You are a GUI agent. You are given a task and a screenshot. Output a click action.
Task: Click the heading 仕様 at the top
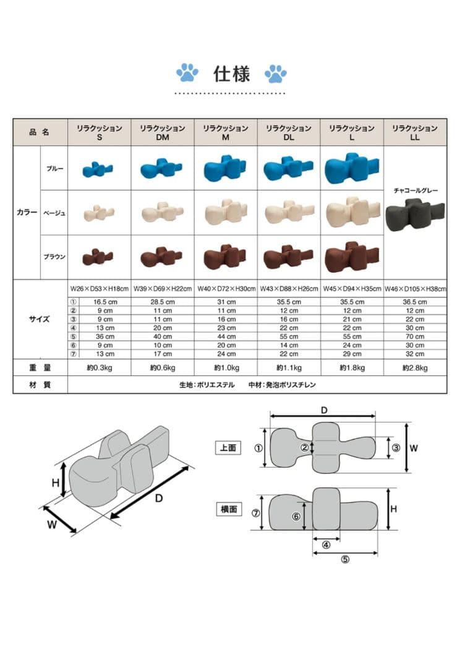point(231,74)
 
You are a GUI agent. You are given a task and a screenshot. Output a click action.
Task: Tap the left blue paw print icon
point(187,73)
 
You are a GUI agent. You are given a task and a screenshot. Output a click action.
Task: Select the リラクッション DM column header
point(163,132)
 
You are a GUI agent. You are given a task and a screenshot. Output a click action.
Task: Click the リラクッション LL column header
point(415,132)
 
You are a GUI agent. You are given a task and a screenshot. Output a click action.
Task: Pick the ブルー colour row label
point(55,169)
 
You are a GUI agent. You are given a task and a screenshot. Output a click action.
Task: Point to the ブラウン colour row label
point(54,257)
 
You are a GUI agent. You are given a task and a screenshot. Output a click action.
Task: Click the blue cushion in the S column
point(98,169)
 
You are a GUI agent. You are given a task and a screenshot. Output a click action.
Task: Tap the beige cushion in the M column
point(226,212)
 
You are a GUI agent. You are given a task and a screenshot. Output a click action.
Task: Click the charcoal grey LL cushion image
point(415,214)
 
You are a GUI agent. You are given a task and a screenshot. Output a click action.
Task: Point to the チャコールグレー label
point(416,191)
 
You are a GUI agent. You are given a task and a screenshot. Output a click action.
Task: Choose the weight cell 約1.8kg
point(352,367)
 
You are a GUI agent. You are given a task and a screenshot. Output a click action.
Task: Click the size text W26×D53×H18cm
point(99,289)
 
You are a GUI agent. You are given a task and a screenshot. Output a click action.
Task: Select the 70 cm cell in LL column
point(415,336)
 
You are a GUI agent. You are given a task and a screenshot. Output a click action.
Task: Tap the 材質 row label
point(40,385)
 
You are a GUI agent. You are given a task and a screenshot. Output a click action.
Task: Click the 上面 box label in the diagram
point(228,448)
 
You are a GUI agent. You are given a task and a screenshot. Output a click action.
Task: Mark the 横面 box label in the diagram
point(229,509)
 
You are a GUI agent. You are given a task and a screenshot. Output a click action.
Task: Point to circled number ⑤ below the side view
point(345,559)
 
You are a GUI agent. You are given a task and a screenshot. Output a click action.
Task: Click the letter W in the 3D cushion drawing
point(51,525)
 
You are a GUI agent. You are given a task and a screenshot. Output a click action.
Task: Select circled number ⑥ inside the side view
point(296,516)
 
